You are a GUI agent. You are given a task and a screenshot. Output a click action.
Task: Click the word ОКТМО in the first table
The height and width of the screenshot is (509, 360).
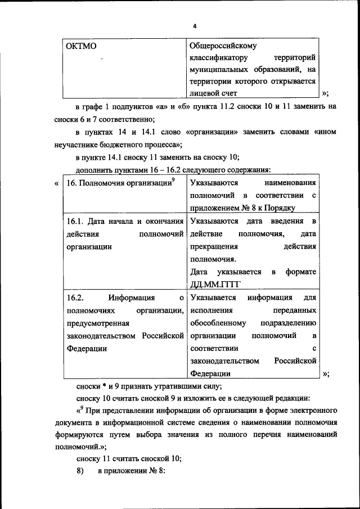click(x=80, y=47)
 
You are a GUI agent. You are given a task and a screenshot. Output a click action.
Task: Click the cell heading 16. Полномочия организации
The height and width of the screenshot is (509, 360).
click(x=119, y=183)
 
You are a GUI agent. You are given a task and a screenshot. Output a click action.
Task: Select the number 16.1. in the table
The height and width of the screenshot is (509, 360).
click(x=75, y=222)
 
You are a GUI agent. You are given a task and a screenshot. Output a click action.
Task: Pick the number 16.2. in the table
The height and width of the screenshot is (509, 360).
click(x=75, y=298)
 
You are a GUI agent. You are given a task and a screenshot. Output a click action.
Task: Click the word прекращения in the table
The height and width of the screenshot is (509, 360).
click(x=214, y=247)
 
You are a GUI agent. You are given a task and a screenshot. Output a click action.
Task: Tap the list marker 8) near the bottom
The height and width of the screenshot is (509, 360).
click(x=80, y=471)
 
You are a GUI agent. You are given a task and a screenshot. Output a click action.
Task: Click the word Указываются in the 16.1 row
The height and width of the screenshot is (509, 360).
click(x=214, y=222)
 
